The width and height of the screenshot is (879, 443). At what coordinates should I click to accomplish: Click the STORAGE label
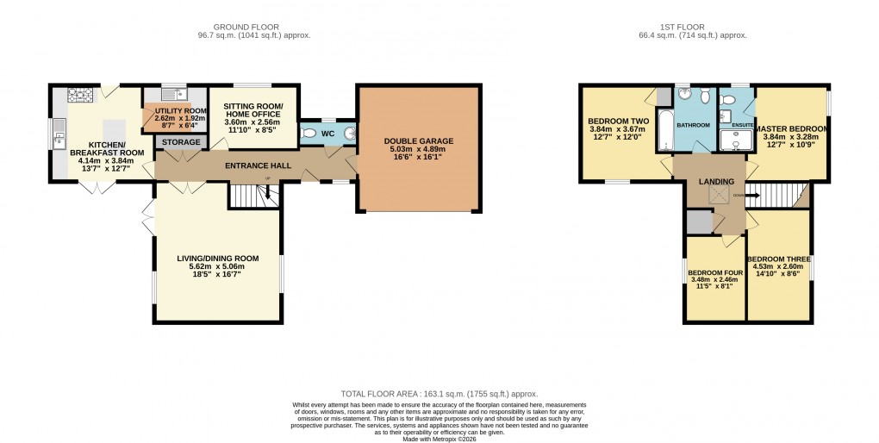tap(181, 142)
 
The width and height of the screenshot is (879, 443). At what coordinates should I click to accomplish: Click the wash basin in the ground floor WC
tap(347, 134)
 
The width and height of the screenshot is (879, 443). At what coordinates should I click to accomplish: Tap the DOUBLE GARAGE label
tap(420, 140)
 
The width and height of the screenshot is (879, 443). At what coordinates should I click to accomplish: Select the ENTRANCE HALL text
tap(258, 165)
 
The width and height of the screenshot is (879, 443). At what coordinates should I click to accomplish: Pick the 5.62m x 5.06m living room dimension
tap(217, 267)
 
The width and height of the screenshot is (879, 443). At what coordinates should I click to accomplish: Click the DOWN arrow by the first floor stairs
tap(739, 196)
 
